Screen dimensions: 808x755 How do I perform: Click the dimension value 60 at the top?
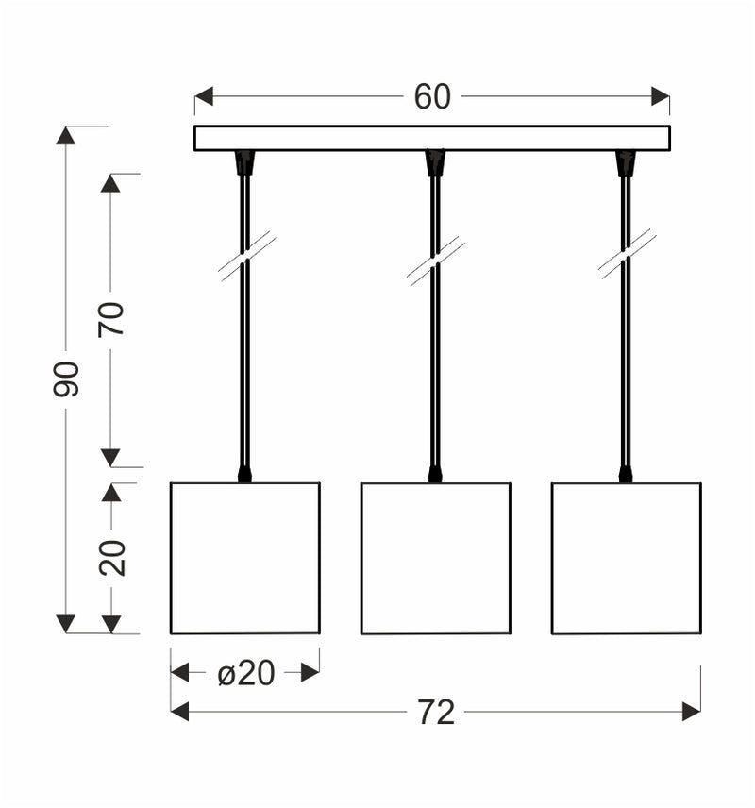point(432,97)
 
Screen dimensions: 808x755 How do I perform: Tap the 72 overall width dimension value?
point(436,713)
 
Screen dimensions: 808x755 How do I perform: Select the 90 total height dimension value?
point(66,379)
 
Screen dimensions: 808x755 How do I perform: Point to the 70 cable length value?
point(111,319)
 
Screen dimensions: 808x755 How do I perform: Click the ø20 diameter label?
point(245,673)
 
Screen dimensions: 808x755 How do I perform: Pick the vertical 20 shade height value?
point(112,558)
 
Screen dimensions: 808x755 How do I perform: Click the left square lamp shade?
point(245,558)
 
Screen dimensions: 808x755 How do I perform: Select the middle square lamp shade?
point(436,558)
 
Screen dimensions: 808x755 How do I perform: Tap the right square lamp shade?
point(627,558)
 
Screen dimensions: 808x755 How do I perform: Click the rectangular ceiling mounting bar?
point(432,138)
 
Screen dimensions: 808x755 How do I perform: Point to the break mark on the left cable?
point(246,257)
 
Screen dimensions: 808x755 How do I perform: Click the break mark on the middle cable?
point(436,261)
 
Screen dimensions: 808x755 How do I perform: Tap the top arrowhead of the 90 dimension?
point(65,135)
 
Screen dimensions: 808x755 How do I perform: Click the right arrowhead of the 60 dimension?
point(661,97)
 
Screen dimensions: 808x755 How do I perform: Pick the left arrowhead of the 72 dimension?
point(179,713)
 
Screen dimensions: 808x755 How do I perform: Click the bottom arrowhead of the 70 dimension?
point(111,458)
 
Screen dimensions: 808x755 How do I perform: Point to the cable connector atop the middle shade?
point(435,473)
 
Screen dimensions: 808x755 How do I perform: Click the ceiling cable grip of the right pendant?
point(626,163)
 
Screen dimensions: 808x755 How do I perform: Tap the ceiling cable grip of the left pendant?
point(245,163)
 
